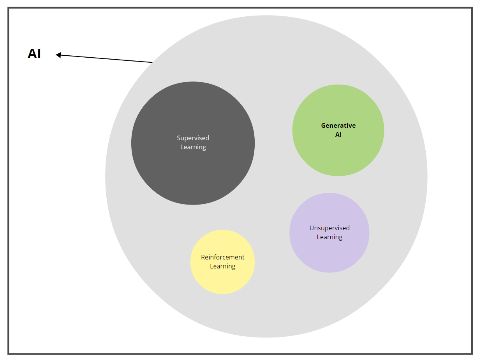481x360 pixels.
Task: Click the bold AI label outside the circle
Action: point(34,54)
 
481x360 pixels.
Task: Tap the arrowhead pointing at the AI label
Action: point(58,55)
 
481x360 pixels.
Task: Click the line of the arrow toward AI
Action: point(105,59)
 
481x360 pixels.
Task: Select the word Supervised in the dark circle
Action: point(193,138)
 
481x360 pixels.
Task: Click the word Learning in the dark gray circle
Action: point(193,147)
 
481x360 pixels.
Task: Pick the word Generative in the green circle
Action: point(338,125)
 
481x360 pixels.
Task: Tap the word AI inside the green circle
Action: point(338,134)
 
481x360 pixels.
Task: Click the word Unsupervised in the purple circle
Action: point(329,228)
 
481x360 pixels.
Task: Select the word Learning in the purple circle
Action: point(329,237)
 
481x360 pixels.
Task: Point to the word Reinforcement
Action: point(222,257)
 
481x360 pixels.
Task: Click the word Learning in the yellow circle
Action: point(222,266)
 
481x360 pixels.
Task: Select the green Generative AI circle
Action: point(338,156)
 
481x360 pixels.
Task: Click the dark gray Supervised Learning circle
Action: point(193,175)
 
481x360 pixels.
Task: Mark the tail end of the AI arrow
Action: point(152,62)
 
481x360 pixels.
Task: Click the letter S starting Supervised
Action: point(179,138)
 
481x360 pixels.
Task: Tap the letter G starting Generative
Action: point(323,125)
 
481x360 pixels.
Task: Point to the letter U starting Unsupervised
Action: point(312,228)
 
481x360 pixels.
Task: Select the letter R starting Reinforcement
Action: point(203,257)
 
